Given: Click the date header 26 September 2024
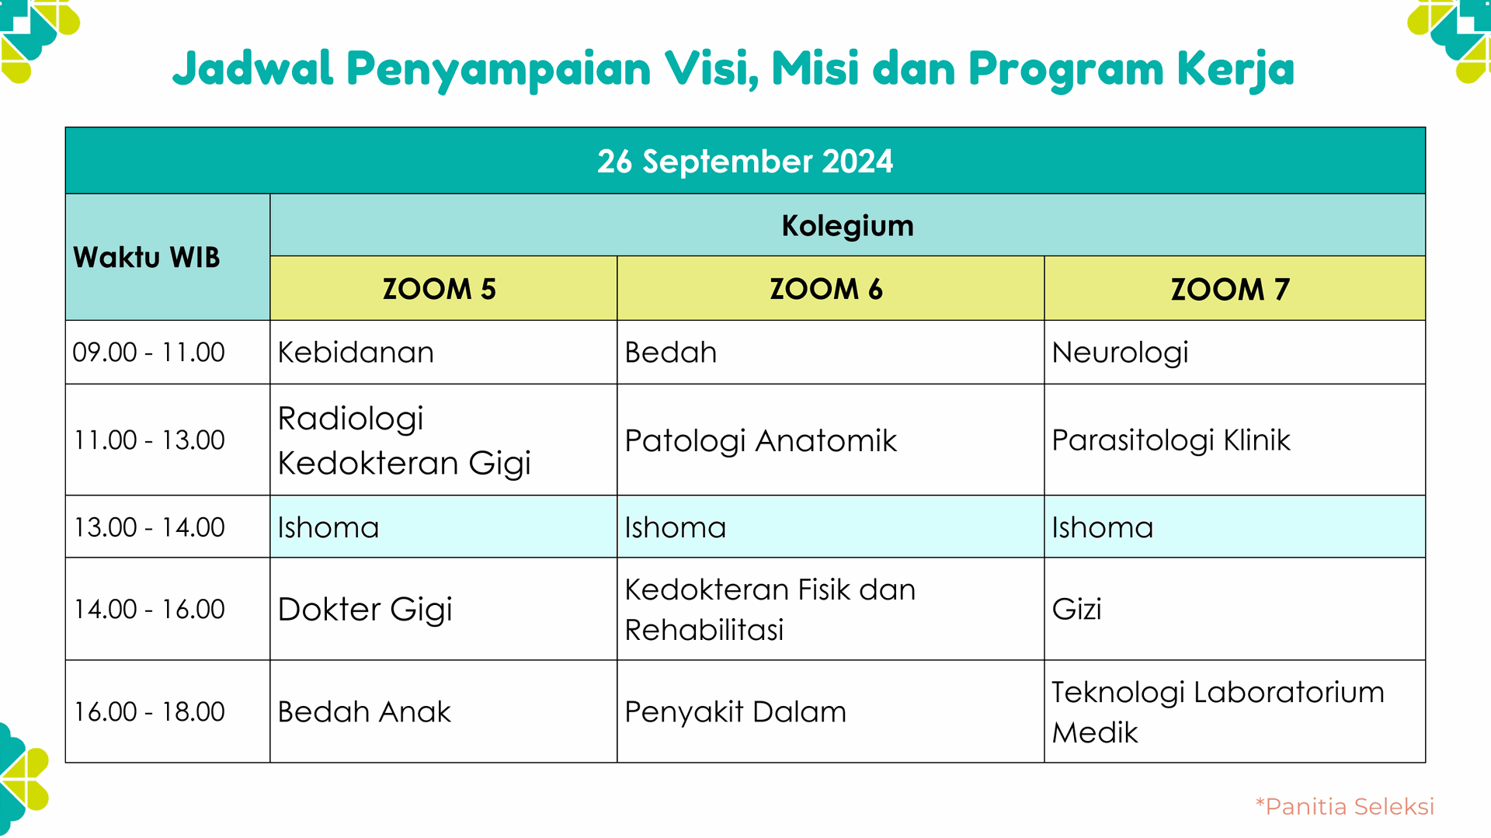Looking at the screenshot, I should click(745, 162).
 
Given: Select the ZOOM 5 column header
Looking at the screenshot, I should click(439, 289).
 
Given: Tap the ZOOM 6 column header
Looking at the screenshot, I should click(826, 289).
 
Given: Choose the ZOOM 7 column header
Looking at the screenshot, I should click(1230, 289).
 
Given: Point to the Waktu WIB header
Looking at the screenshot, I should click(147, 257).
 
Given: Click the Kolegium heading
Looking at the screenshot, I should click(847, 225).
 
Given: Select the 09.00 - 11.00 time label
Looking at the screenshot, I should click(148, 352).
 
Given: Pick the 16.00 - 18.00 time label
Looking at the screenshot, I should click(149, 711).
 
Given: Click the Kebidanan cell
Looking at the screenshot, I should click(356, 353).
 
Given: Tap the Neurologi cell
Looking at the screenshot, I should click(1120, 353).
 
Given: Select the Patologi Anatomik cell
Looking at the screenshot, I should click(760, 440).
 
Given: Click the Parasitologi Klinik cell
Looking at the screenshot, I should click(1170, 440).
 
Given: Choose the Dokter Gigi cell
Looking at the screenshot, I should click(365, 609).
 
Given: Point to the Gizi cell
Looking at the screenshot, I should click(1076, 609).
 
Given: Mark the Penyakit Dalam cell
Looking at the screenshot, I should click(735, 711).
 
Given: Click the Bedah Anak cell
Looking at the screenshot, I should click(364, 711).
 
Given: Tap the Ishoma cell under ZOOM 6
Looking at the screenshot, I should click(676, 527).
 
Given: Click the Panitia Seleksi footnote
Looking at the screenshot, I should click(1345, 806).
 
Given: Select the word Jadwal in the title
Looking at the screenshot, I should click(253, 68).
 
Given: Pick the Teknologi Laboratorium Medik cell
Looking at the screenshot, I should click(1217, 711).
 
